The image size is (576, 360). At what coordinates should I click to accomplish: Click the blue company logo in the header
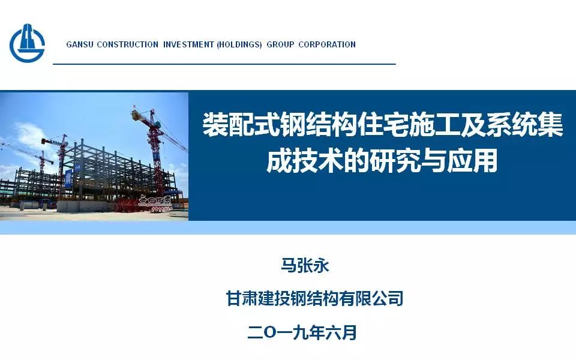(x=27, y=43)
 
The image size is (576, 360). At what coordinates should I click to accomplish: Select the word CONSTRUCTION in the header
(x=127, y=44)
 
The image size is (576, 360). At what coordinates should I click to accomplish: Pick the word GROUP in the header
(x=280, y=44)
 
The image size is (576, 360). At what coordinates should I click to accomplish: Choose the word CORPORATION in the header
(x=327, y=44)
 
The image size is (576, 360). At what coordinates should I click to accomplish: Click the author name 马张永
(x=305, y=265)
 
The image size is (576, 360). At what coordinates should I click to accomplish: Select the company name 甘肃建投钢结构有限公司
(x=314, y=298)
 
